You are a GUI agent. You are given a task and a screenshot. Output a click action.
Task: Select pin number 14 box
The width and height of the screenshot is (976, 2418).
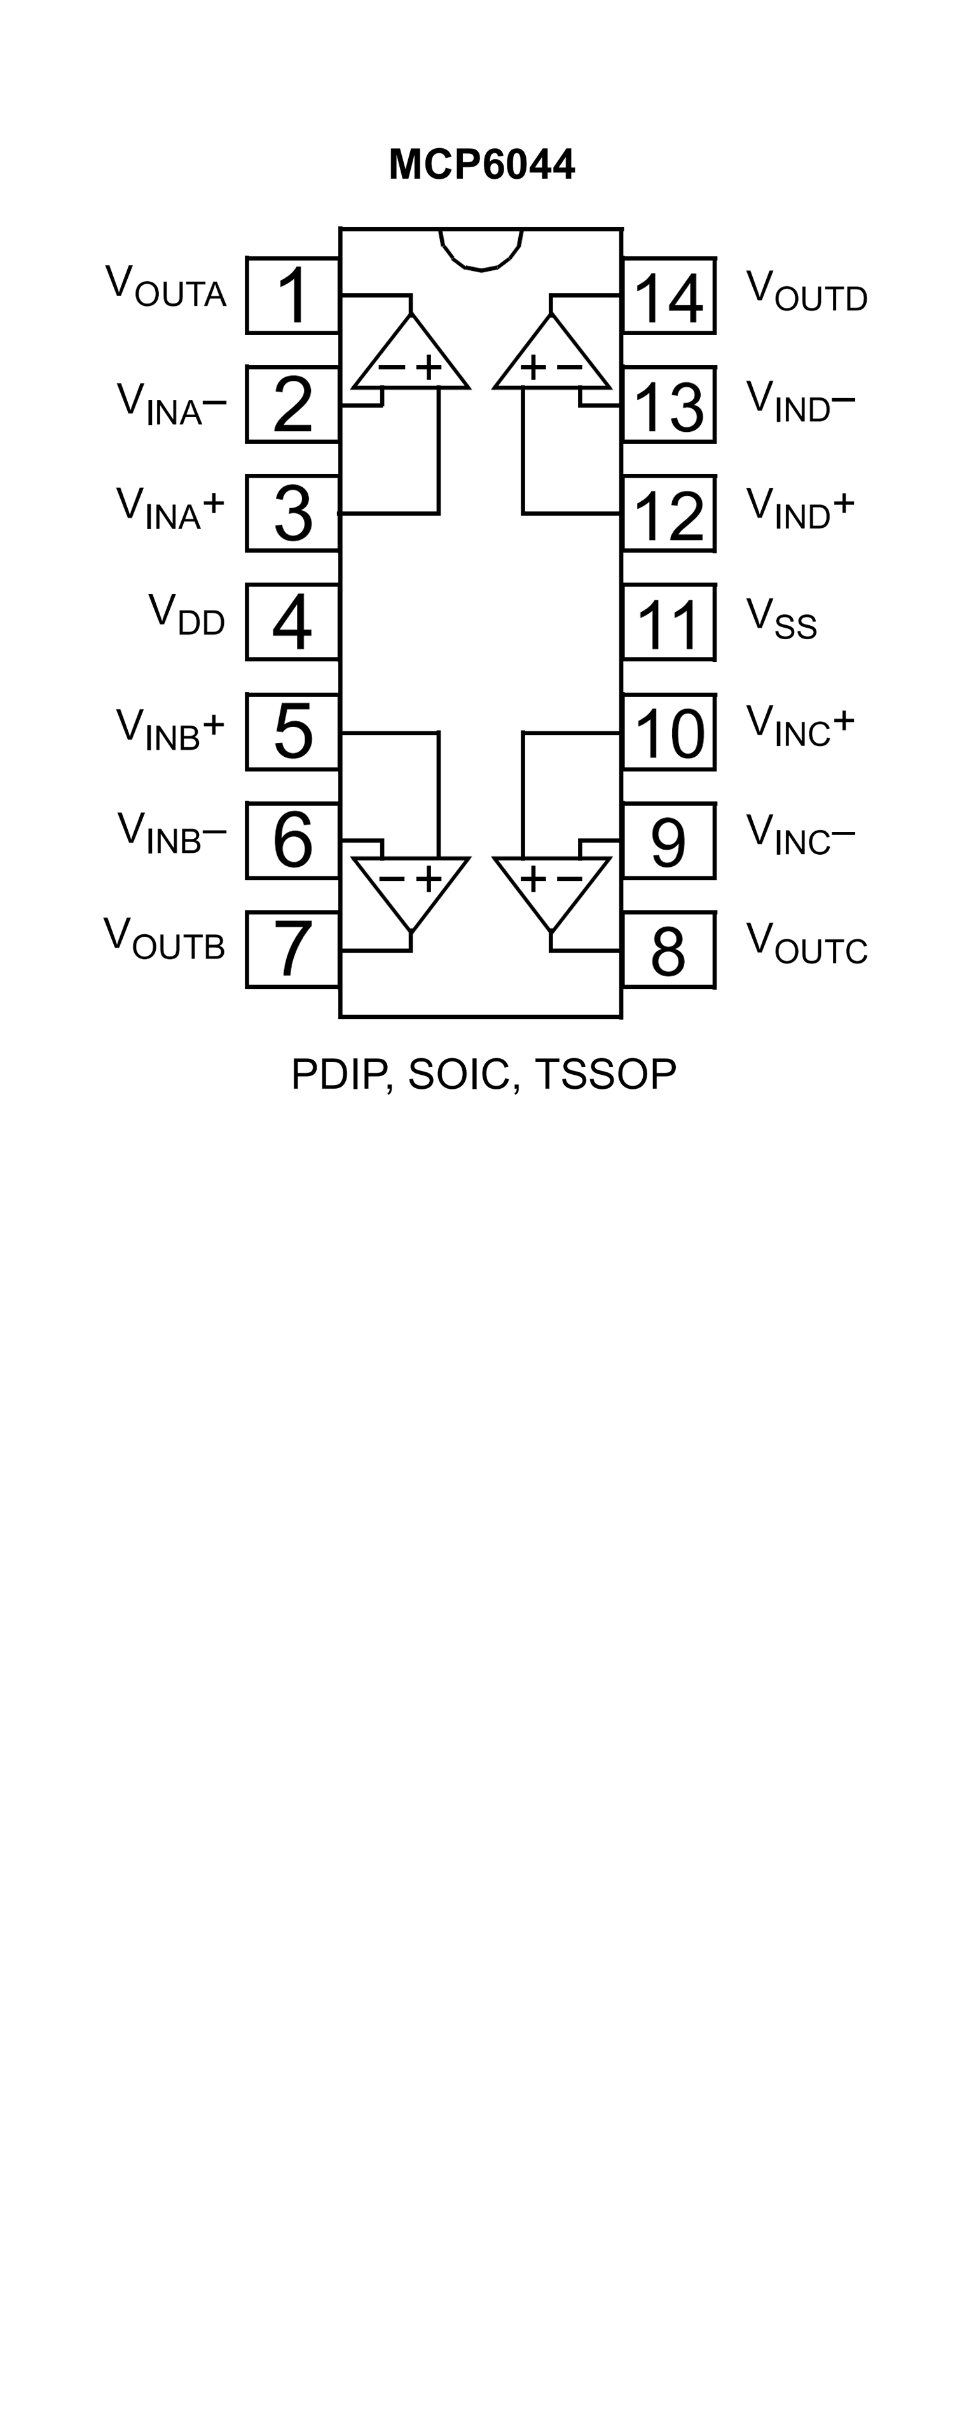click(668, 296)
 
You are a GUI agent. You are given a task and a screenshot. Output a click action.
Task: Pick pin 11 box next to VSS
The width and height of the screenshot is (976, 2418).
click(668, 623)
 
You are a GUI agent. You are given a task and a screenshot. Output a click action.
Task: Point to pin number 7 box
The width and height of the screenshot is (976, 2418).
click(292, 949)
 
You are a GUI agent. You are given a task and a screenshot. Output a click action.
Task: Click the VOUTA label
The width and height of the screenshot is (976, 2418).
click(165, 286)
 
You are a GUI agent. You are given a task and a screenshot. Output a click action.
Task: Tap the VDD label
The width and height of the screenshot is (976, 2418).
click(187, 616)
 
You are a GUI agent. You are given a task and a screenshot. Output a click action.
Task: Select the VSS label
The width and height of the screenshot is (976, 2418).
click(781, 619)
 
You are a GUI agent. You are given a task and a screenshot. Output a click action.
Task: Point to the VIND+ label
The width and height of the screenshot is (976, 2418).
click(800, 508)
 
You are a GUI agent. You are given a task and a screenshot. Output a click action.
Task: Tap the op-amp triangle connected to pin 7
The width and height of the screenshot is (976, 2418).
click(411, 887)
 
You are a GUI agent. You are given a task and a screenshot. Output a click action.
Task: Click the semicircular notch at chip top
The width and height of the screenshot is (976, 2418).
click(481, 249)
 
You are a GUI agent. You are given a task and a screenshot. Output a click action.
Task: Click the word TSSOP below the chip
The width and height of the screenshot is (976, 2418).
click(605, 1074)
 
